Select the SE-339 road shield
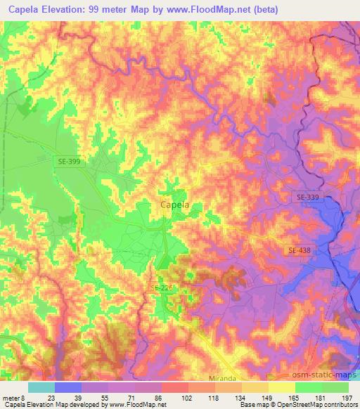click(307, 199)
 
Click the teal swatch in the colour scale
click(41, 387)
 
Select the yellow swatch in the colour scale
click(281, 387)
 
